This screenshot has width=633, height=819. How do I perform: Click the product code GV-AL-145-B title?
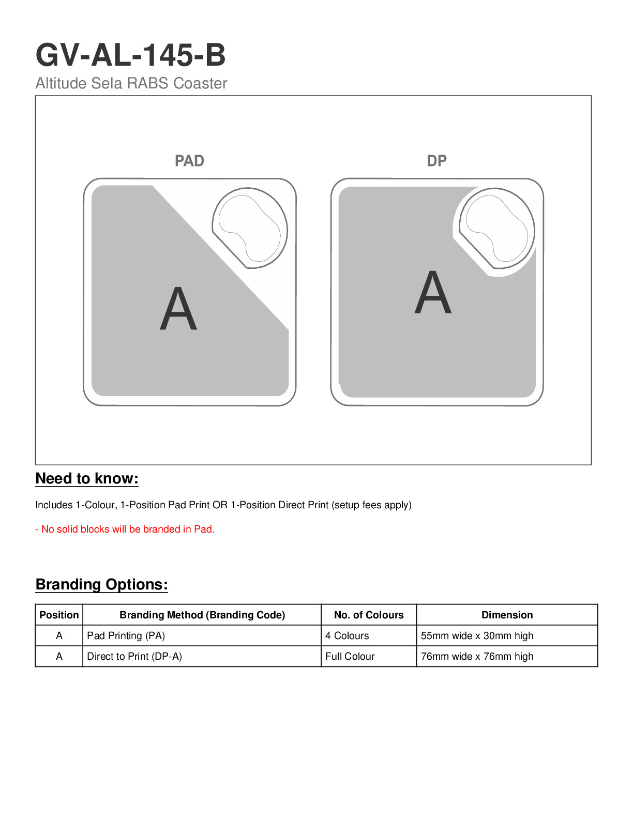(x=130, y=55)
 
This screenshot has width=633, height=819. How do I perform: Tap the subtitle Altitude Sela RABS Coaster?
(x=131, y=83)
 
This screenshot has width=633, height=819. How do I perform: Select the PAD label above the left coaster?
(x=189, y=161)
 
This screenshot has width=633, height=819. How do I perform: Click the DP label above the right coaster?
(x=436, y=161)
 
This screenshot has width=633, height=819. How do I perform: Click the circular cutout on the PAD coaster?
(x=250, y=228)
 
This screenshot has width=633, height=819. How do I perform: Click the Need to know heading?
(x=87, y=478)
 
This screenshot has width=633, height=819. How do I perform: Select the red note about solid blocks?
(x=125, y=529)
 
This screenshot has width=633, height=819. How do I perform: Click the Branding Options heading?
(x=101, y=584)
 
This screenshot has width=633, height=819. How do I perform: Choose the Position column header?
(x=59, y=615)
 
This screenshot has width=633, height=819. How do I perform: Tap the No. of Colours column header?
(x=369, y=615)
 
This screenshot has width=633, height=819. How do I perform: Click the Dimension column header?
(x=507, y=615)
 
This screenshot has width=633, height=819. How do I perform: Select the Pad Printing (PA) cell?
(x=126, y=635)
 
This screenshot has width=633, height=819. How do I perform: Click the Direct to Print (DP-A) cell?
(x=134, y=656)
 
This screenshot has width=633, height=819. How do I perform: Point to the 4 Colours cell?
(x=347, y=635)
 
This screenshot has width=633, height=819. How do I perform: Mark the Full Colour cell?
(x=350, y=656)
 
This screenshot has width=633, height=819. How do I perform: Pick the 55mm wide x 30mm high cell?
(x=477, y=635)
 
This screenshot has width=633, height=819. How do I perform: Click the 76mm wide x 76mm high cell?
(x=477, y=656)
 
